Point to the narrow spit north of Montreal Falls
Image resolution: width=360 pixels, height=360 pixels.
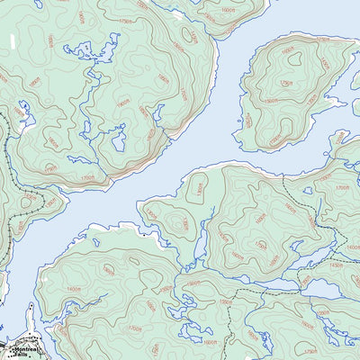tap(31, 317)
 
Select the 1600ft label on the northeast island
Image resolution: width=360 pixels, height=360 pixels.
tap(289, 51)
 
